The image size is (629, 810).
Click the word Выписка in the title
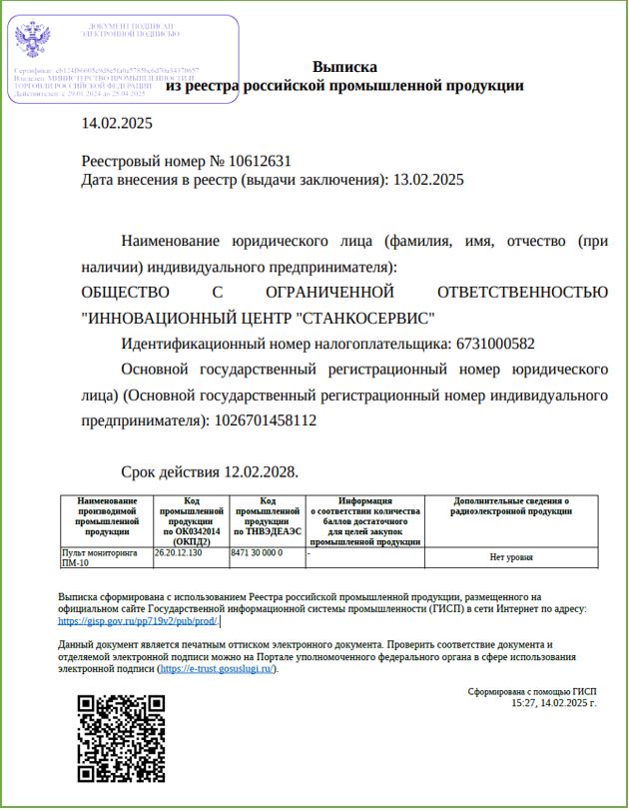pyautogui.click(x=344, y=67)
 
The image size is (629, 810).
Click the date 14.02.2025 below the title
pyautogui.click(x=117, y=124)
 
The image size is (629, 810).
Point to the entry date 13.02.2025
pyautogui.click(x=428, y=180)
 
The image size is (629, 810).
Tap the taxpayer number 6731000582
pyautogui.click(x=495, y=344)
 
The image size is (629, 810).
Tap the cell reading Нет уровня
pyautogui.click(x=511, y=557)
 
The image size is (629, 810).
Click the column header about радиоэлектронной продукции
pyautogui.click(x=511, y=506)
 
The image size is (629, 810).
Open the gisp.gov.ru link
pyautogui.click(x=138, y=620)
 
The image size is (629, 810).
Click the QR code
pyautogui.click(x=122, y=739)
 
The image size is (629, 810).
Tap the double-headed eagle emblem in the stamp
pyautogui.click(x=33, y=42)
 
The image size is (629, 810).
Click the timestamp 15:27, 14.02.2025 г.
pyautogui.click(x=553, y=703)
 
